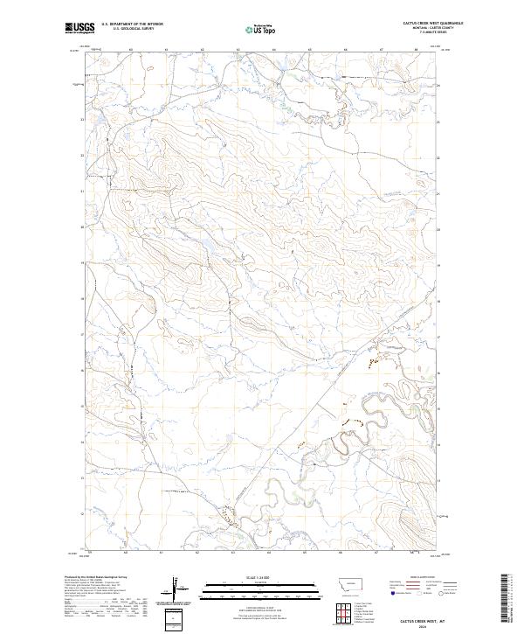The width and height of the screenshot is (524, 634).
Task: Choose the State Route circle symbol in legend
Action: point(442,593)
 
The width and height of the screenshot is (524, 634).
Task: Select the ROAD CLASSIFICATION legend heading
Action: point(422,577)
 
